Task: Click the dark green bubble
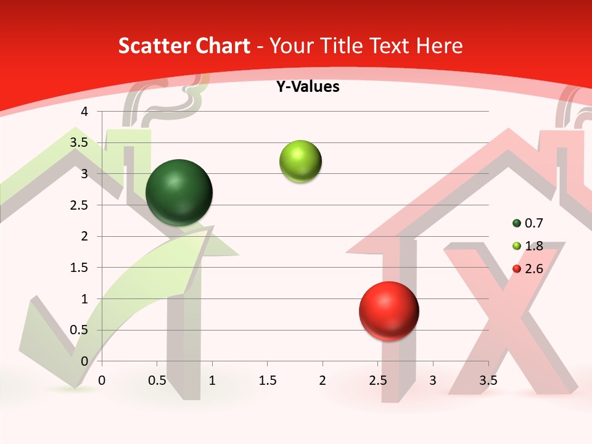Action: [179, 192]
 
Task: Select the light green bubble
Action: [300, 162]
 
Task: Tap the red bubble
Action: [388, 311]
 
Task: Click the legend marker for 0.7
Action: [517, 223]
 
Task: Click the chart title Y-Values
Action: [307, 87]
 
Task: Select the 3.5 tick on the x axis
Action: [488, 380]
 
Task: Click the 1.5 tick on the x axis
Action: [267, 380]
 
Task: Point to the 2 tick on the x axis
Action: [323, 380]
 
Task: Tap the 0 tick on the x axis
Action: [102, 380]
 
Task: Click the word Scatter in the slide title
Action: [150, 46]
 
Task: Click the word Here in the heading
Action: [439, 46]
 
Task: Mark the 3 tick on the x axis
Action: [433, 380]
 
